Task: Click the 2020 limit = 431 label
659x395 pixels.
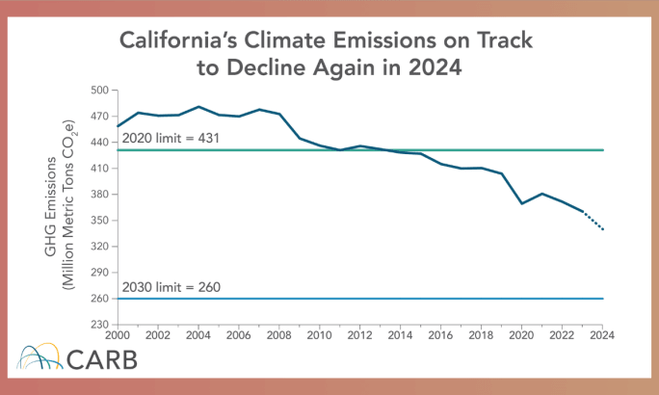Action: point(171,139)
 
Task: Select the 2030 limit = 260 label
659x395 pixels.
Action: point(171,287)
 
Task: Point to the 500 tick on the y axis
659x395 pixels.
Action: point(98,90)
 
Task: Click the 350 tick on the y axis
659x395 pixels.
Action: point(98,221)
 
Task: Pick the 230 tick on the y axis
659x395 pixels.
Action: point(98,325)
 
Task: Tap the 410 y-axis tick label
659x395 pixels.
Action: point(98,169)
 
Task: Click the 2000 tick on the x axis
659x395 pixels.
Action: point(117,336)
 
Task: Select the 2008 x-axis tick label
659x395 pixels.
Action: point(278,336)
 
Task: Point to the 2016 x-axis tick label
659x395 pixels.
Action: point(441,336)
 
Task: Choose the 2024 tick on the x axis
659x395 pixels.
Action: point(602,336)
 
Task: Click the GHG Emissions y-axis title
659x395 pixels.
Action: point(50,208)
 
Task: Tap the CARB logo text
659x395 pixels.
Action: point(102,360)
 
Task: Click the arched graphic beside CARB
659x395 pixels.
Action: point(40,358)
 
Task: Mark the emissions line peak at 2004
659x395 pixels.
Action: point(198,107)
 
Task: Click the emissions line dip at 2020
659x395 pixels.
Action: point(521,203)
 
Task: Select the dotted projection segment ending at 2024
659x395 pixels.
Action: point(593,221)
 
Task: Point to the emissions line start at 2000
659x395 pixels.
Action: point(118,126)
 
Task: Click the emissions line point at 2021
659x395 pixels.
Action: point(542,194)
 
